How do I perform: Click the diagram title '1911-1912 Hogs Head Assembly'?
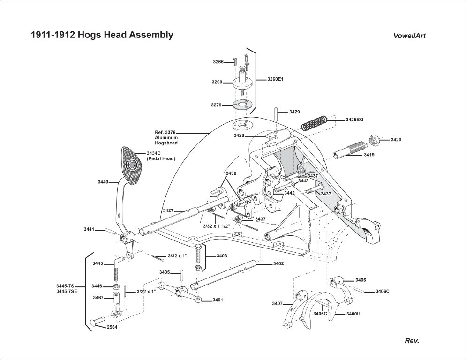click(102, 35)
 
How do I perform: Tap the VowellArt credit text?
click(409, 36)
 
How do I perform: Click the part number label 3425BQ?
click(354, 120)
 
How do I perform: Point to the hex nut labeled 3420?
click(374, 140)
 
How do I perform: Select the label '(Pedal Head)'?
click(161, 159)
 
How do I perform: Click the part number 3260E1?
click(275, 79)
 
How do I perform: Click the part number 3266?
click(218, 62)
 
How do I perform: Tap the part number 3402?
click(278, 264)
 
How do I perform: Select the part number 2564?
click(112, 327)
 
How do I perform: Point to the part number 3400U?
click(353, 314)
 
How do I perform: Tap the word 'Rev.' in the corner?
click(412, 341)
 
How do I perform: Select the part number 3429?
click(294, 112)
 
